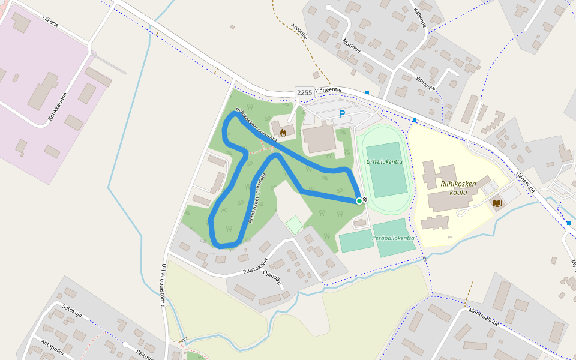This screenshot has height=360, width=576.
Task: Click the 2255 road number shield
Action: click(x=305, y=92)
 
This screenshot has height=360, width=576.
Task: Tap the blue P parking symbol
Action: click(x=342, y=114)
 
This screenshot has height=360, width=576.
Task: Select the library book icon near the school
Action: click(x=497, y=203)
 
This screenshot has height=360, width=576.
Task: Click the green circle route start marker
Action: click(x=359, y=200)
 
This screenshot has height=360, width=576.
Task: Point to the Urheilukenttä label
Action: click(x=385, y=161)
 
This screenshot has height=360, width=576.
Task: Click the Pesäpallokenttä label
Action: click(x=393, y=238)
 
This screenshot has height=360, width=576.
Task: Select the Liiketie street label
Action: click(x=50, y=22)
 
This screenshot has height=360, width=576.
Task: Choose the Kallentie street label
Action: click(x=419, y=17)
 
